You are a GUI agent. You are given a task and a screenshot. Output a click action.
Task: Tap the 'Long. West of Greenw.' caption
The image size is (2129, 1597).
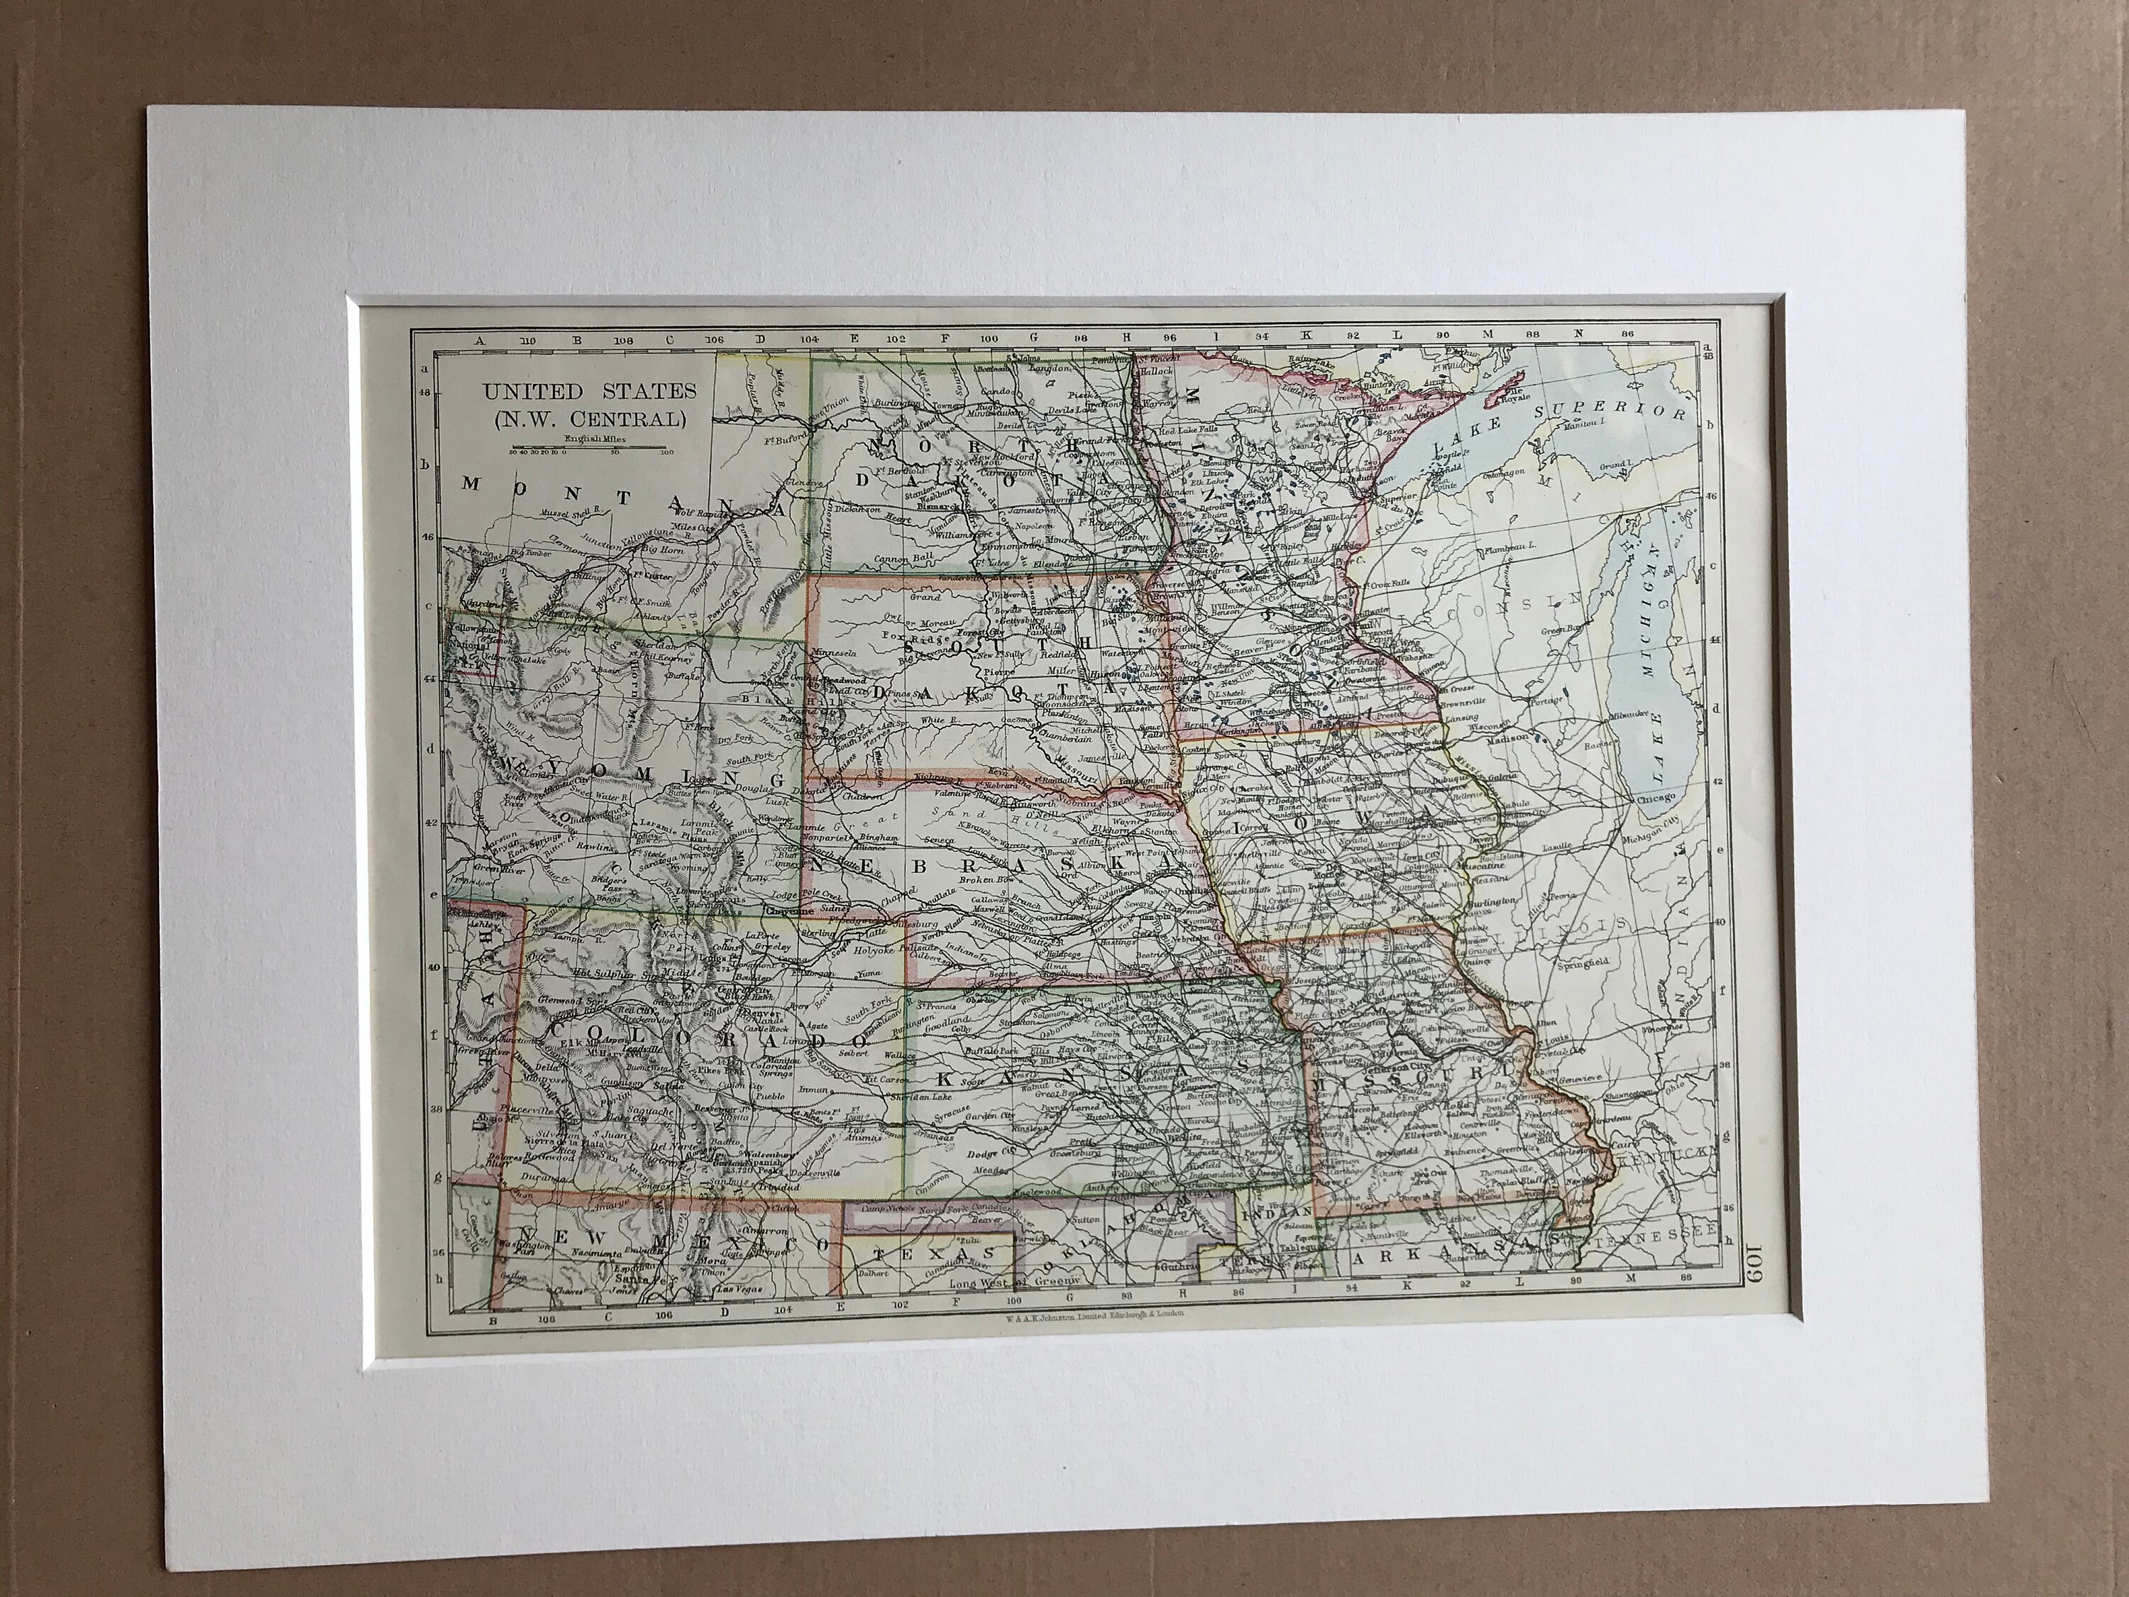point(1016,1284)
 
